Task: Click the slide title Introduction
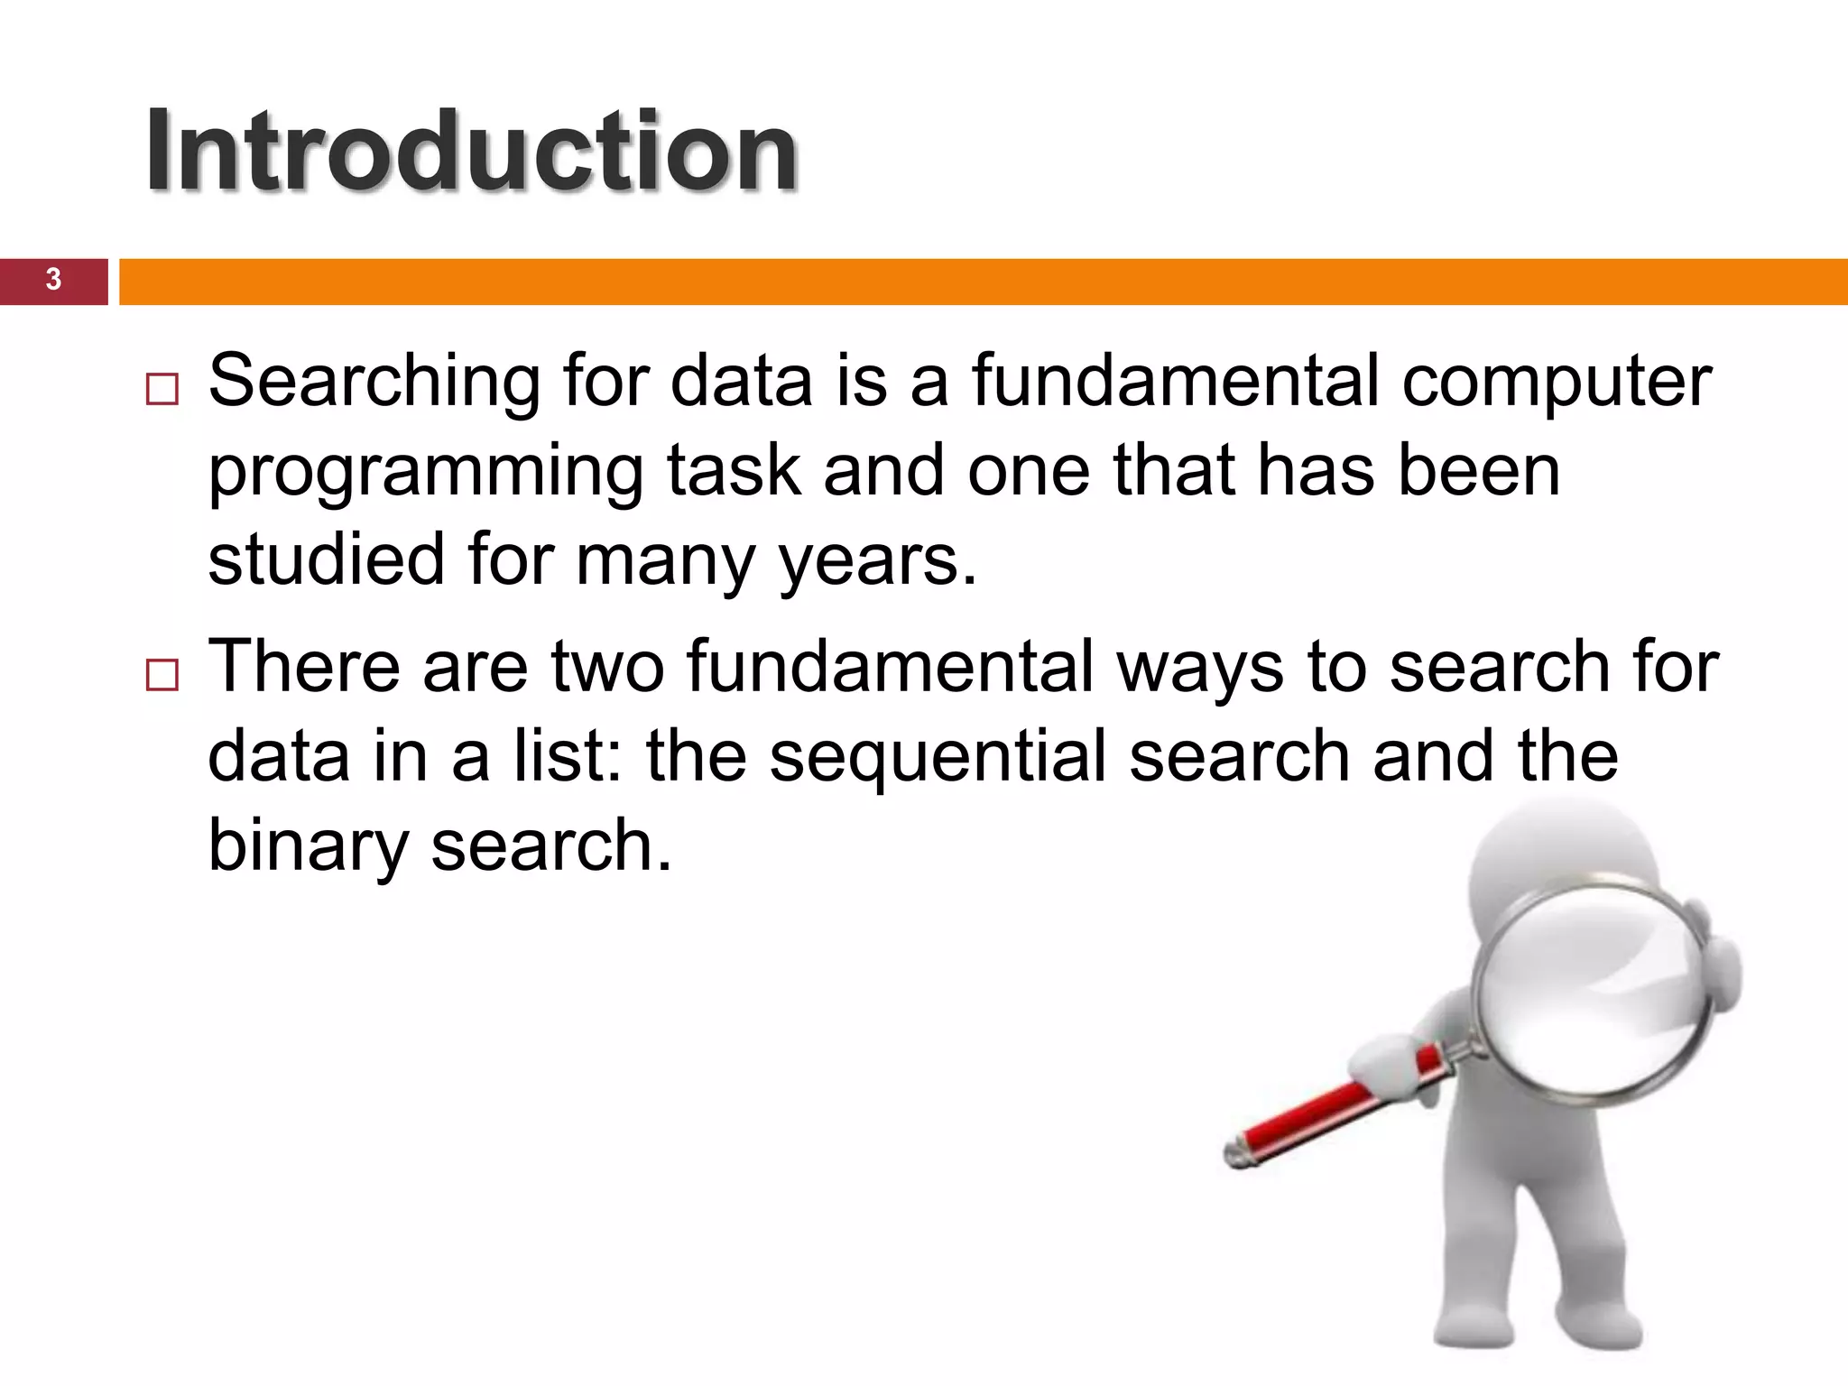(471, 151)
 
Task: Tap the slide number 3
(53, 280)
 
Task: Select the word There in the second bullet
(304, 666)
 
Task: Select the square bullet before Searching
(162, 390)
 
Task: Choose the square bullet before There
(162, 675)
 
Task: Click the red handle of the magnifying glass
(1308, 1119)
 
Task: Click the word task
(734, 471)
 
